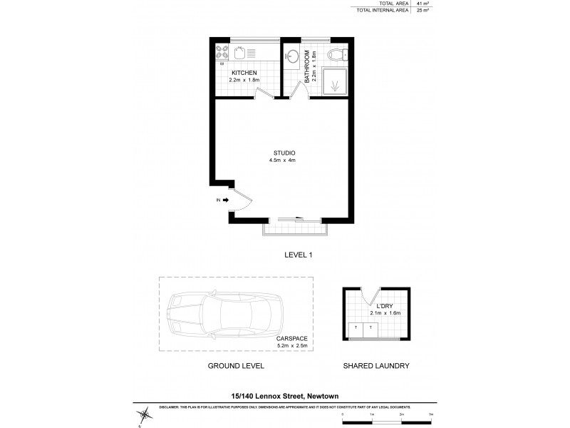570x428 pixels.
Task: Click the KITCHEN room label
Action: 244,72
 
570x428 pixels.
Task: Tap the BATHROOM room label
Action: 307,66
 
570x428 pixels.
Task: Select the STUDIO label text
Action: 284,153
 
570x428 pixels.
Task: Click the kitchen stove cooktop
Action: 222,53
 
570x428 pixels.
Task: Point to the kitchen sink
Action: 241,52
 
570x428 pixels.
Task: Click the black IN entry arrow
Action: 226,200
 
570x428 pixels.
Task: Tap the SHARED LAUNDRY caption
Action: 376,365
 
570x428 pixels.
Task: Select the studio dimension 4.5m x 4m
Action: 284,160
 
